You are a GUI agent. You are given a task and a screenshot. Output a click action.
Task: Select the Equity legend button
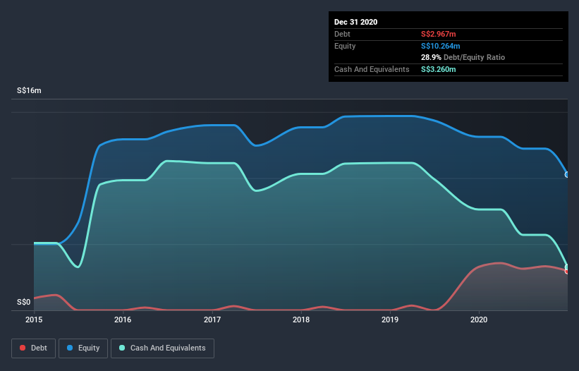pos(83,348)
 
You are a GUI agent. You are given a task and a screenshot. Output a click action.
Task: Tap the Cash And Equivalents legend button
pos(162,348)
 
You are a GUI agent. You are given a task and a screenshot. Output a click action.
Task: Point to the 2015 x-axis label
pos(34,320)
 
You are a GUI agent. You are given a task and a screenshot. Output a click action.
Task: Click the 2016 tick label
pos(123,320)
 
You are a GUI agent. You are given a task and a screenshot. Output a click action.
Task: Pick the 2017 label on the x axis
pos(212,320)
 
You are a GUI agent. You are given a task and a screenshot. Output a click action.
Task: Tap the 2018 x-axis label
pos(301,320)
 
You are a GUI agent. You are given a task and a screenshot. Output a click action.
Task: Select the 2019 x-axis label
pos(390,320)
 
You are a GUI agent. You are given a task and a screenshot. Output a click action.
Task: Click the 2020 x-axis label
pos(479,320)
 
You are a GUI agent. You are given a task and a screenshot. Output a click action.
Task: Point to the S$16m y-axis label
pos(29,91)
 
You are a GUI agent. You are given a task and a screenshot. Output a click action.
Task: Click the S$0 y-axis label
pos(24,303)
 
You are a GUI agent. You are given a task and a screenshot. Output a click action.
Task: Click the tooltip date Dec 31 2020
pos(355,22)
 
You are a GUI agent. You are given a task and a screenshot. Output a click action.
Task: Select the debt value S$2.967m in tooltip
pos(438,34)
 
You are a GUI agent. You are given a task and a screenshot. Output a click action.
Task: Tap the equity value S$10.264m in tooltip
pos(440,46)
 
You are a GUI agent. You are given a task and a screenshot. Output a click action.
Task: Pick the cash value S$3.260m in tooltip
pos(438,69)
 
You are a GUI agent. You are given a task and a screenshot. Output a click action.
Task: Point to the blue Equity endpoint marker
pos(567,174)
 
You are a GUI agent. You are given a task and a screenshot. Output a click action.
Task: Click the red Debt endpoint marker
pos(567,271)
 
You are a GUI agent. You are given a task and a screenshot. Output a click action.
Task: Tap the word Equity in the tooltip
pos(345,46)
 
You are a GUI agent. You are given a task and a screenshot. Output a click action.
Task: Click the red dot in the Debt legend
pos(23,348)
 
